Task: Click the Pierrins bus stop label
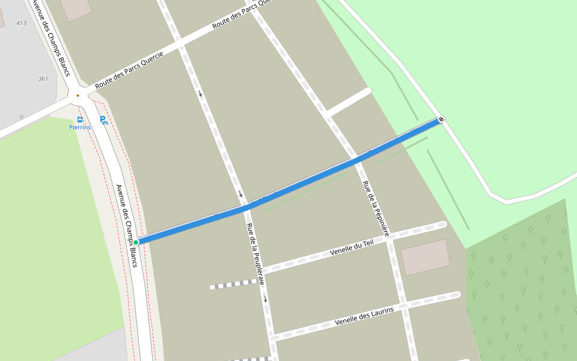coord(80,128)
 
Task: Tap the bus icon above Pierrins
coord(80,119)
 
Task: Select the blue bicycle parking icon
coord(103,120)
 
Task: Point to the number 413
coord(22,23)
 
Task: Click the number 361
coord(43,79)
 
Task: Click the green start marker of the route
coord(136,242)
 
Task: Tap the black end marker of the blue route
coord(441,119)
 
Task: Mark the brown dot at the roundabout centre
coord(78,95)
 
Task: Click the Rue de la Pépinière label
coord(376,208)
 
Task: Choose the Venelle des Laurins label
coord(364,316)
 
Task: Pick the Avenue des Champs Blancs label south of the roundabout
coord(127,226)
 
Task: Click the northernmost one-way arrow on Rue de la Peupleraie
coord(200,93)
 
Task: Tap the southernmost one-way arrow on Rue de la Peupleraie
coord(265,298)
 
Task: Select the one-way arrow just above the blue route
coord(240,193)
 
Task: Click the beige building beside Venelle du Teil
coord(425,257)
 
